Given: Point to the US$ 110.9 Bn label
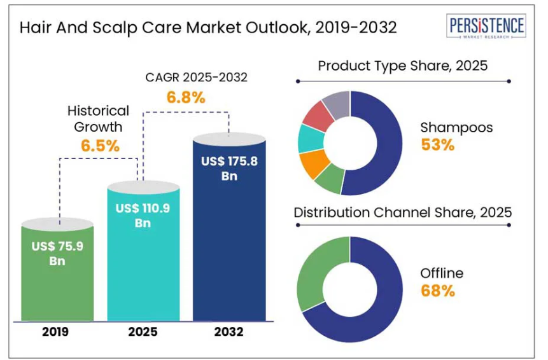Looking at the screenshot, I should [x=143, y=215].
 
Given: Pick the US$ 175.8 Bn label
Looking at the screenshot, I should [x=228, y=169].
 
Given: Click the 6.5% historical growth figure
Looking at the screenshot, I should [x=100, y=146].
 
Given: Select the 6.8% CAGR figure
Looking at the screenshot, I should [x=186, y=97].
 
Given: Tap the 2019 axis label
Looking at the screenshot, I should [x=57, y=331].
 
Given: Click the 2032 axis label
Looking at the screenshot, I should [x=228, y=331].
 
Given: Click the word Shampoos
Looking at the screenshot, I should [x=456, y=127].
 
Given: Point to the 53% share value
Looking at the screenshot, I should [x=437, y=145].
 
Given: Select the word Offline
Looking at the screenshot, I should [x=441, y=273].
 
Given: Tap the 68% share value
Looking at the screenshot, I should [x=437, y=291].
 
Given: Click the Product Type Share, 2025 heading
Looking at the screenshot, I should [x=402, y=66].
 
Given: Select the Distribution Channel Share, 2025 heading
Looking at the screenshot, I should [x=402, y=212].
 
